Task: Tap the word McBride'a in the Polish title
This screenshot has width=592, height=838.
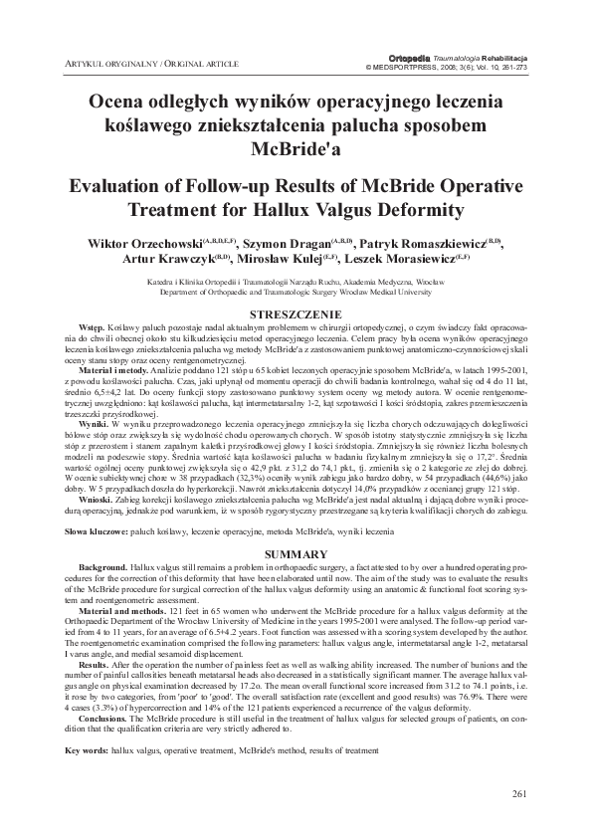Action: click(296, 149)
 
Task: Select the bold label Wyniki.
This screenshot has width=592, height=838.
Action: click(93, 423)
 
